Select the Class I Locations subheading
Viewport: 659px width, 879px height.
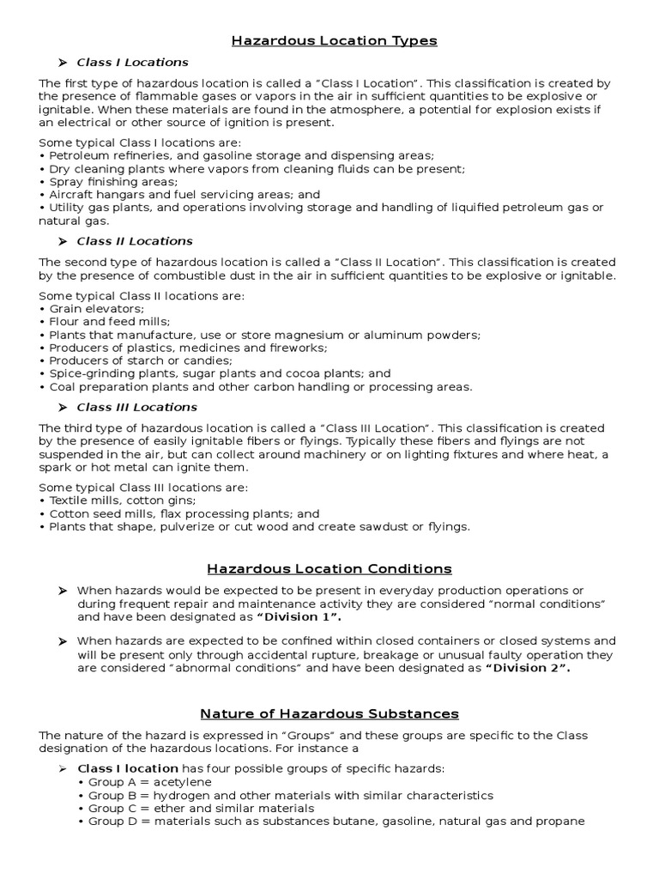pos(132,63)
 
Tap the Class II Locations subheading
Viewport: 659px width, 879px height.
pos(135,241)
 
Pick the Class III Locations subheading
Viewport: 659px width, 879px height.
pos(136,407)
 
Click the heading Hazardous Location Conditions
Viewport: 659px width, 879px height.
pos(329,568)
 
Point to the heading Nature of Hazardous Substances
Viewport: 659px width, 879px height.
pos(329,713)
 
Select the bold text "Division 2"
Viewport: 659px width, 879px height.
pos(528,668)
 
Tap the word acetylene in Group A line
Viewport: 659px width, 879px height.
pos(183,782)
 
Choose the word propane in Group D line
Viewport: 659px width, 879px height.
pos(561,821)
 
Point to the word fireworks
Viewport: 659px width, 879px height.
pos(299,348)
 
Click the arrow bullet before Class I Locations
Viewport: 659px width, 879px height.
pos(63,63)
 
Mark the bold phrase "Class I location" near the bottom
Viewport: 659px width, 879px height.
pos(128,768)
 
